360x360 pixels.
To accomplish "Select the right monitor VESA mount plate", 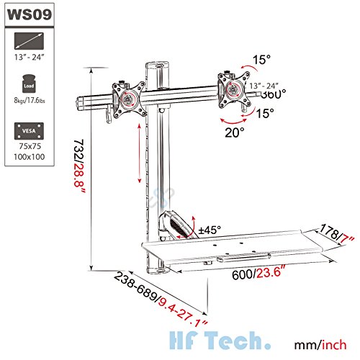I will (233, 89).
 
